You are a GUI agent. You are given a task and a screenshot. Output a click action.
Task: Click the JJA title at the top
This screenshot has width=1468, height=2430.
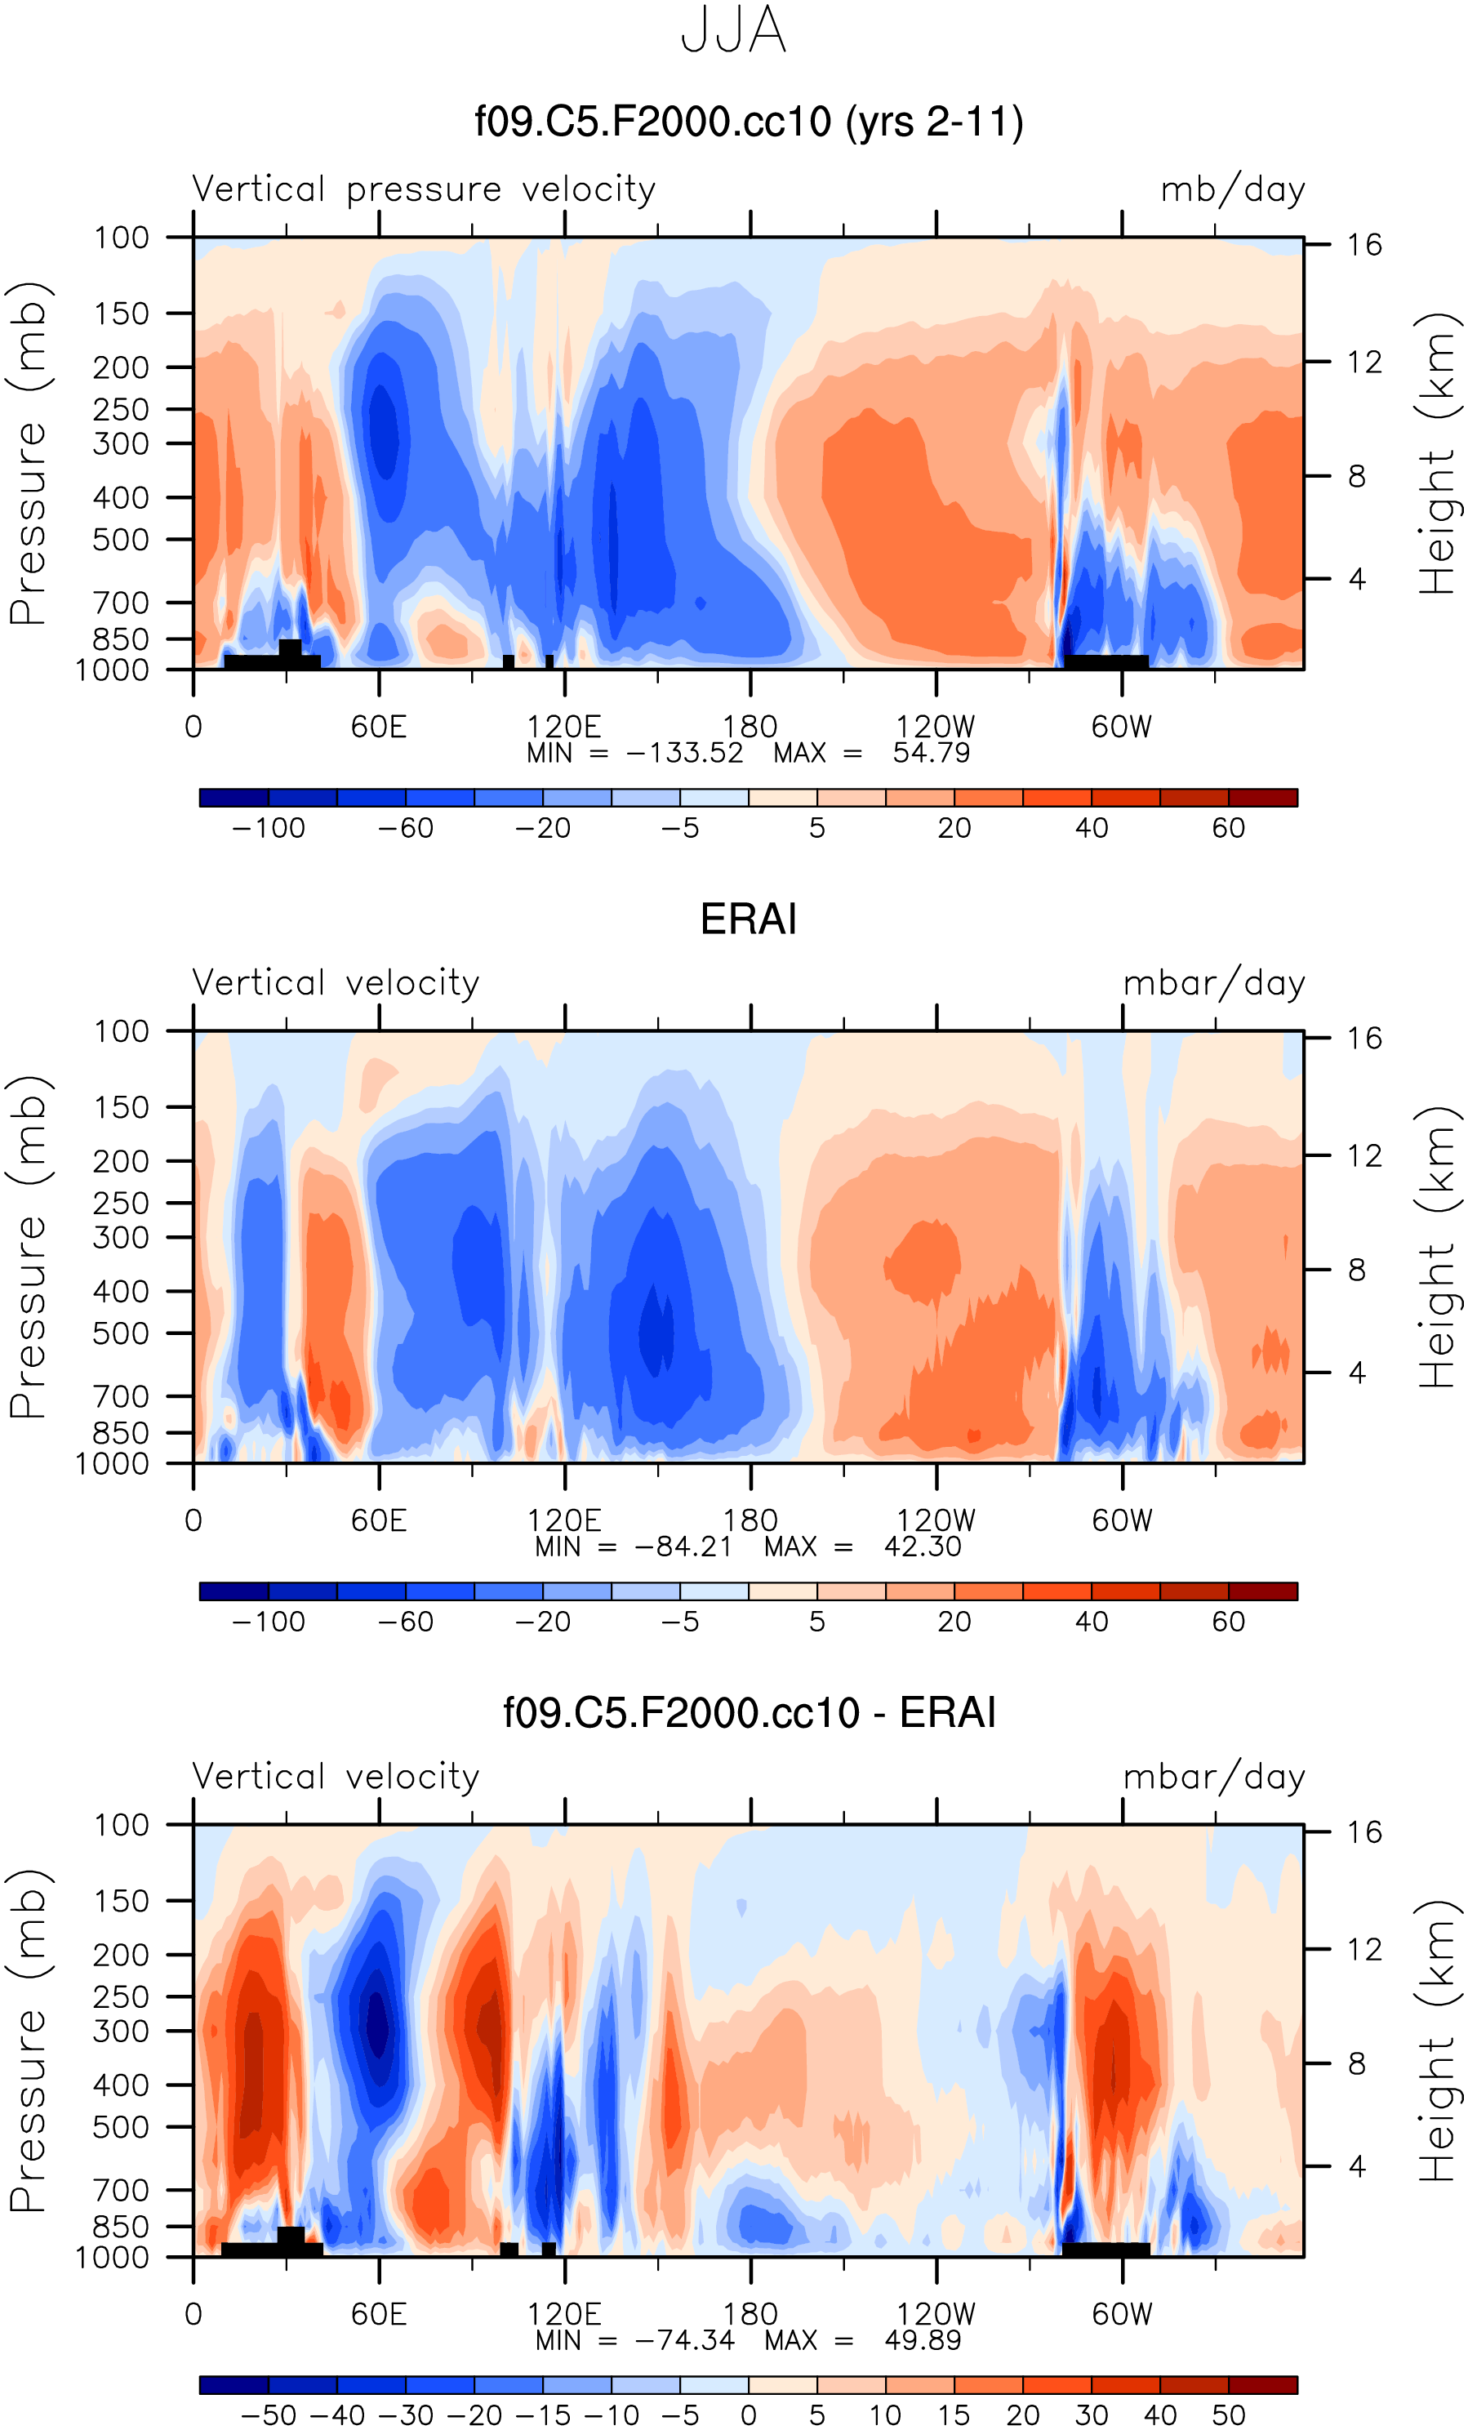[x=733, y=30]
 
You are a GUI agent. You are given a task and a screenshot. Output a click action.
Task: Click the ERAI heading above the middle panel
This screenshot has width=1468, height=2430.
[x=749, y=919]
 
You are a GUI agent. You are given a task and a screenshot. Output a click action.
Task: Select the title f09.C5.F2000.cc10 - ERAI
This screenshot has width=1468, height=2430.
[x=749, y=1712]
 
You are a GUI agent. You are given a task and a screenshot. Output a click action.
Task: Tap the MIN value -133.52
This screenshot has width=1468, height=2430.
[x=684, y=754]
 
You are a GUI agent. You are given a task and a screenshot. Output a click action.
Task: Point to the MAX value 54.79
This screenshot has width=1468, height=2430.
[x=931, y=754]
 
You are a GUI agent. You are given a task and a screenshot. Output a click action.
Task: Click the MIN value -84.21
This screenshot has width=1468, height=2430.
[x=683, y=1547]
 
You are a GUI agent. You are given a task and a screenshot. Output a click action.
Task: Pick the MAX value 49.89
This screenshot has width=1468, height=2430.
[x=922, y=2340]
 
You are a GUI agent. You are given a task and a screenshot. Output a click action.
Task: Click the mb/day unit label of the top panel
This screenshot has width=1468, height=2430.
[x=1232, y=189]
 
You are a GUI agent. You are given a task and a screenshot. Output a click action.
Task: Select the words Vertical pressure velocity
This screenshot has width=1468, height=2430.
[x=424, y=189]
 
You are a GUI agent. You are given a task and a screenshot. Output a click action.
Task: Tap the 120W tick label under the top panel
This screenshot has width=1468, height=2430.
[x=936, y=727]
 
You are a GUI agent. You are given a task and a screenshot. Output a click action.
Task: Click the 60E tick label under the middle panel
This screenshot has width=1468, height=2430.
[x=379, y=1520]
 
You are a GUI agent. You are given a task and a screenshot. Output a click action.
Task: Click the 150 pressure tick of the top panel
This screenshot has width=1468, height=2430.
[x=122, y=314]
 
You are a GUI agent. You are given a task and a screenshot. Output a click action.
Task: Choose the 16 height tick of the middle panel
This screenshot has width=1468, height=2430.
[x=1364, y=1039]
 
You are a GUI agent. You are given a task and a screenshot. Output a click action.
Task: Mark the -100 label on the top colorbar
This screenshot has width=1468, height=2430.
[x=268, y=829]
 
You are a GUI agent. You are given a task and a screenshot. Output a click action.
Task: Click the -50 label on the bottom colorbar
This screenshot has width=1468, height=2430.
[x=268, y=2415]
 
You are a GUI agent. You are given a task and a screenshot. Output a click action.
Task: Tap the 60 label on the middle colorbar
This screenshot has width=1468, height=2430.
[x=1229, y=1622]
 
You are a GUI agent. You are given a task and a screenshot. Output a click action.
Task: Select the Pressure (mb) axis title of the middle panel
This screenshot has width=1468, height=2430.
[x=28, y=1248]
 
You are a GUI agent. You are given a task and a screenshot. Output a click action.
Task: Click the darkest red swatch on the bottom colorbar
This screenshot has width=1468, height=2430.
[x=1263, y=2384]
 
